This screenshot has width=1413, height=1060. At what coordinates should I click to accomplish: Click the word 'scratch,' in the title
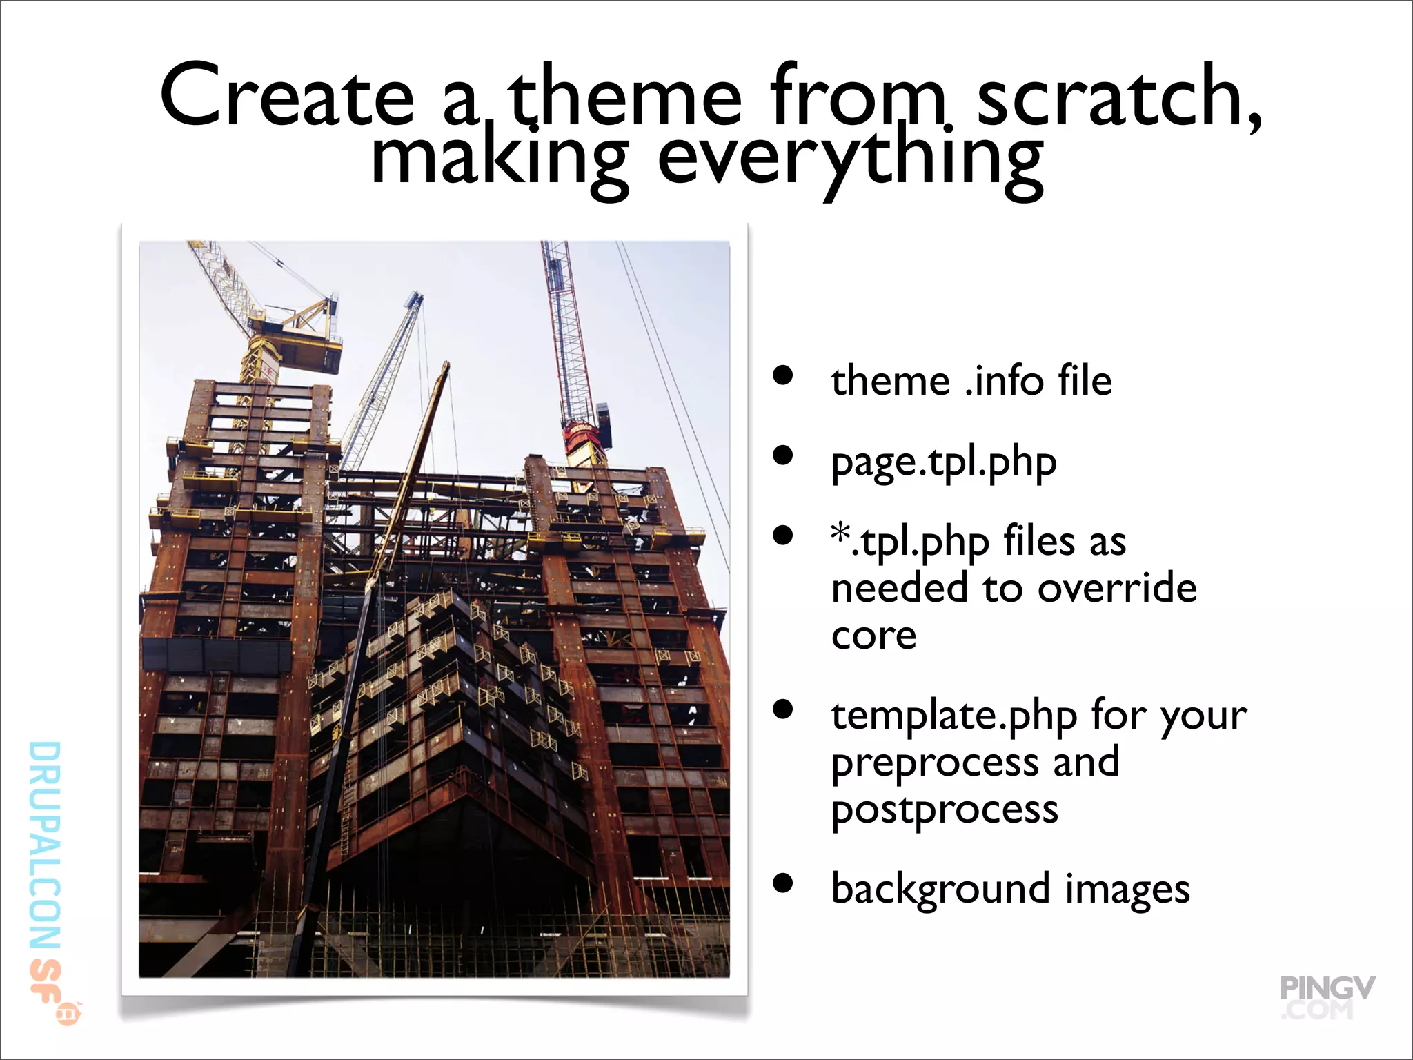(x=1119, y=97)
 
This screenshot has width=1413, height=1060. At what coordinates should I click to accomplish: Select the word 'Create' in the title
(x=287, y=97)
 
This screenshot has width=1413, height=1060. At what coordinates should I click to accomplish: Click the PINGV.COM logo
(x=1326, y=997)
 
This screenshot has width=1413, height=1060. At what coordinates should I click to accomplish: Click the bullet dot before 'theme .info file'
(x=782, y=375)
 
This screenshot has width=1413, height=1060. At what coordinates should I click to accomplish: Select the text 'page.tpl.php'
(x=943, y=462)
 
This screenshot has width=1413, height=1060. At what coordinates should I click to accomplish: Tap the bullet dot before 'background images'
(x=782, y=883)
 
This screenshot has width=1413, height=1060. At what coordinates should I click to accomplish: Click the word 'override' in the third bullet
(x=1117, y=589)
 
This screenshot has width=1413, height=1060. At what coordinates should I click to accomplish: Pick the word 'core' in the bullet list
(x=873, y=636)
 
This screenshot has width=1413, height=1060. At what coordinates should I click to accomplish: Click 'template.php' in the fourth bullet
(x=953, y=716)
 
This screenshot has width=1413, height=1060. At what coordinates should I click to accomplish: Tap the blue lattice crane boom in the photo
(x=386, y=373)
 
